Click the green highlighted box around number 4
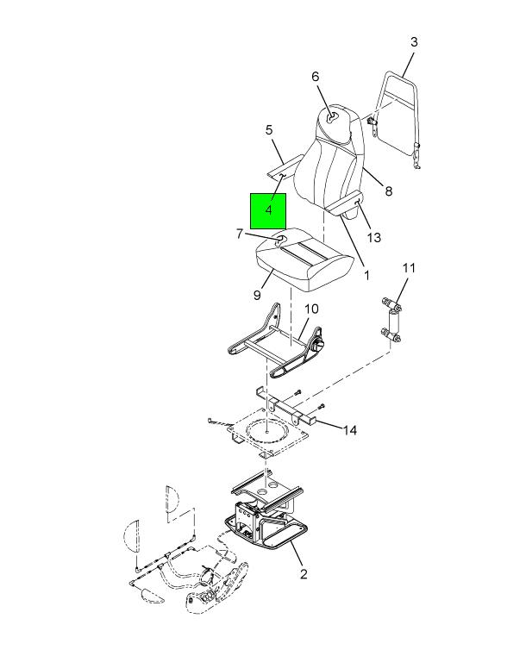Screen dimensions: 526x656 click(x=268, y=211)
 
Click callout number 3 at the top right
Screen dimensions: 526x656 click(x=413, y=42)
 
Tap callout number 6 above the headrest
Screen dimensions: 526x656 click(x=315, y=77)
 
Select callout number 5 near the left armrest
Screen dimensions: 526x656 click(x=269, y=130)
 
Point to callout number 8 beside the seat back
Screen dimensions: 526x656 click(x=388, y=191)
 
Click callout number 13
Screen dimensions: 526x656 click(x=373, y=238)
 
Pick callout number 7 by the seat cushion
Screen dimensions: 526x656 click(x=240, y=234)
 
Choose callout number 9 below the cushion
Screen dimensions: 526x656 click(x=257, y=296)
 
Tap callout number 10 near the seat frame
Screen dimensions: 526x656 click(x=311, y=309)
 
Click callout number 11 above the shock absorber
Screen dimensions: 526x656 click(x=409, y=268)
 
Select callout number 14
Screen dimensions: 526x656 click(x=350, y=430)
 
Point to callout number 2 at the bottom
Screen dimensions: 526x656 click(x=304, y=573)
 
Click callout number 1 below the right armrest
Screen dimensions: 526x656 click(x=366, y=275)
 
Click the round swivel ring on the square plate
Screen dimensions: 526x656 click(x=266, y=430)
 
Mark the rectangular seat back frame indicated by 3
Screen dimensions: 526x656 click(x=397, y=117)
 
